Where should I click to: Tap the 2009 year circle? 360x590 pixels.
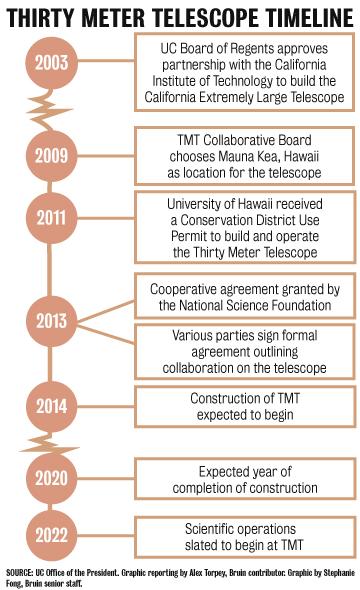point(49,155)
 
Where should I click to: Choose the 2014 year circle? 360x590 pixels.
point(49,406)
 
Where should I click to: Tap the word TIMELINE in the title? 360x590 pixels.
point(307,16)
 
